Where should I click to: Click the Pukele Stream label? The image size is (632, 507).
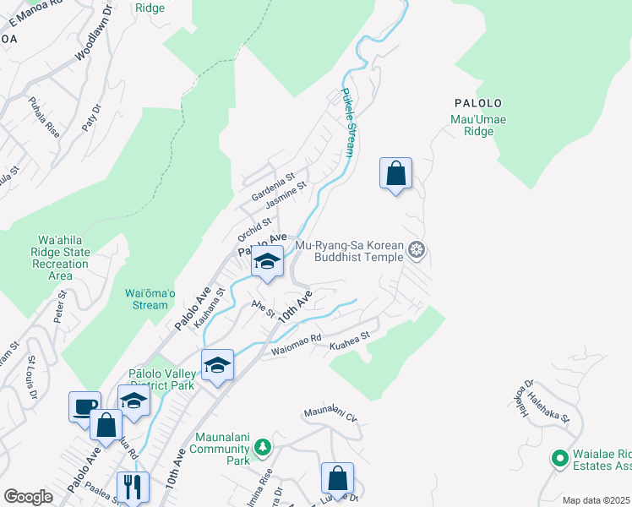coord(346,123)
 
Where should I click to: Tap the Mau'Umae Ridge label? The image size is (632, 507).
coord(478,125)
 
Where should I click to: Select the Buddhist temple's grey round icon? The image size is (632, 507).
coord(415,249)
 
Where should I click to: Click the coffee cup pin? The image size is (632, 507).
coord(84,406)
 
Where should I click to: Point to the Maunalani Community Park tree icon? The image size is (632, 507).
coord(263,445)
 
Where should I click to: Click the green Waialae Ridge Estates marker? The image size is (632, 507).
coord(558,458)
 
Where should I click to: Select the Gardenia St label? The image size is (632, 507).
coord(272,187)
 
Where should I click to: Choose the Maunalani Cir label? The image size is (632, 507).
coord(330,413)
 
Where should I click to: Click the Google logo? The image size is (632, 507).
coord(28,497)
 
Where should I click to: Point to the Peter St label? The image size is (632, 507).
coord(60,307)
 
